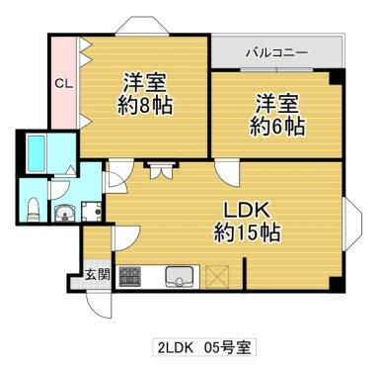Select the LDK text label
pos(246,211)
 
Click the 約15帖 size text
pos(246,233)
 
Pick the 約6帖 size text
pos(277,126)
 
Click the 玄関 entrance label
pos(95,274)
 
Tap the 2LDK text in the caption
pos(176,348)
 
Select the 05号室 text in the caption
pos(229,348)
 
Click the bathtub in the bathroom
pos(44,153)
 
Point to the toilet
pos(33,208)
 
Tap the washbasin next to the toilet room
pos(64,212)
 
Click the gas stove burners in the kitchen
pos(129,276)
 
